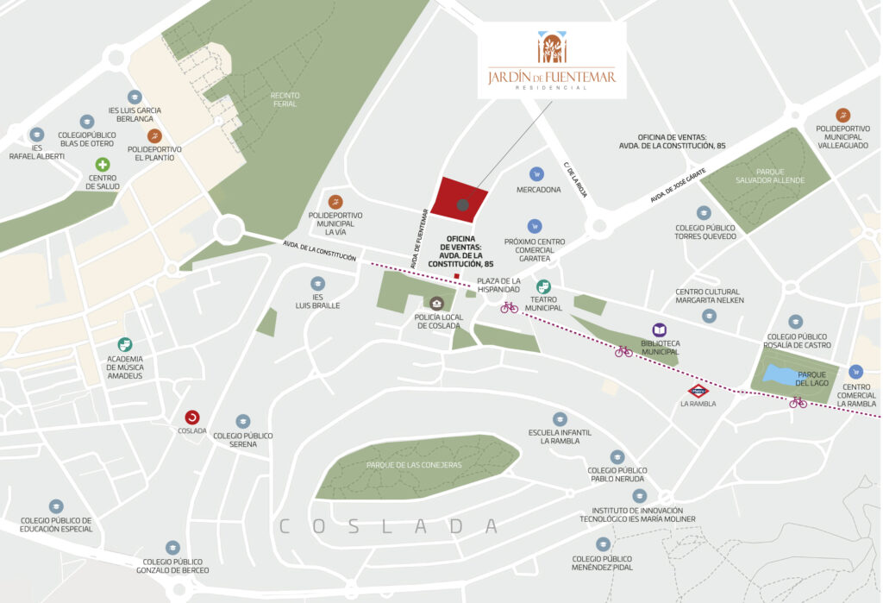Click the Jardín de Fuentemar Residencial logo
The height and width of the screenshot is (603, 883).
point(552,60)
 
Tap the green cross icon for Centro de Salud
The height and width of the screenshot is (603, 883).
point(103,165)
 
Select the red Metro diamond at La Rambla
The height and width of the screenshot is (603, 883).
point(698,390)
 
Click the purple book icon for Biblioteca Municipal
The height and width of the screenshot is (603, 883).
point(660,330)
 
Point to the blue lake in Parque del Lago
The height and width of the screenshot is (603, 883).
point(780,374)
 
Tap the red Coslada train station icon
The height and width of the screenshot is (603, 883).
point(191,417)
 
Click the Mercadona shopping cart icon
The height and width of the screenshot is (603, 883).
point(537,173)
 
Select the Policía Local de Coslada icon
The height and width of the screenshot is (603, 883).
point(438,303)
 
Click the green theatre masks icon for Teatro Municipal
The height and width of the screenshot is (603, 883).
point(543,286)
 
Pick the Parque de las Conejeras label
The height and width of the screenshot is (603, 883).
point(414,465)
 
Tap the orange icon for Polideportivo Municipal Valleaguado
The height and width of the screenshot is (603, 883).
point(842,115)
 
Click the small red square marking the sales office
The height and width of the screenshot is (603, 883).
point(457,276)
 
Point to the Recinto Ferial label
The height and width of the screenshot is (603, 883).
point(284,99)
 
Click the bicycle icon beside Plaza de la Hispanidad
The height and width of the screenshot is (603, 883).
point(510,306)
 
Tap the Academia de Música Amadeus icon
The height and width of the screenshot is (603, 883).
point(125,344)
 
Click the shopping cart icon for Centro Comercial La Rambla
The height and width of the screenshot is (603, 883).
point(855,371)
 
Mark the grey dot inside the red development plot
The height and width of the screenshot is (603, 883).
point(463,205)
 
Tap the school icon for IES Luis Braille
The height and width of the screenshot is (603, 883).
point(318,283)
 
